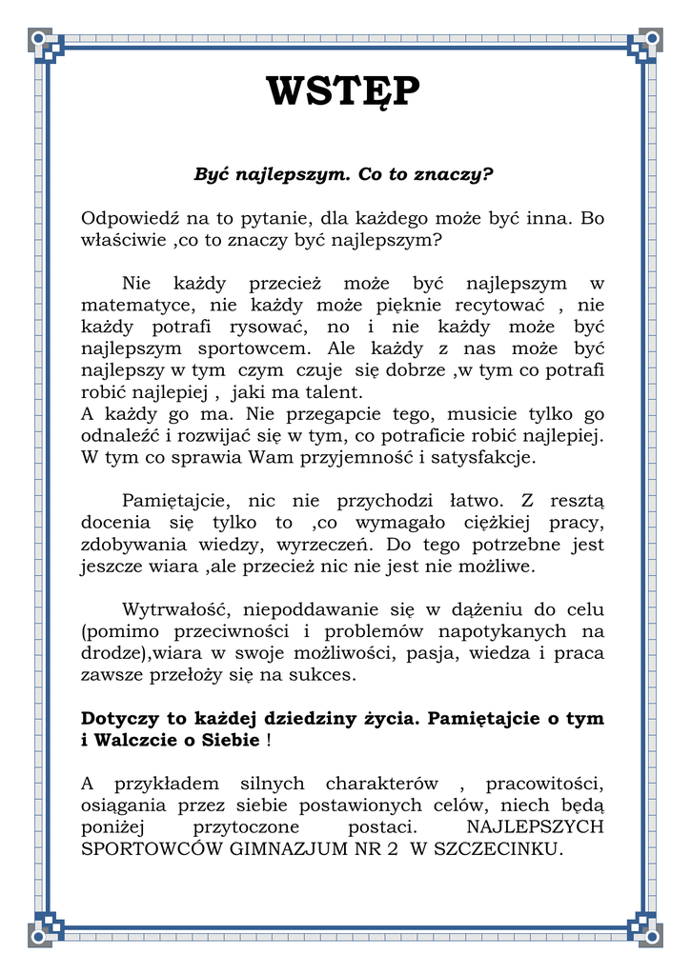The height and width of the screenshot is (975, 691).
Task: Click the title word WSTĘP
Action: (342, 91)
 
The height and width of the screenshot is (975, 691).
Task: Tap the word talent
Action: (335, 392)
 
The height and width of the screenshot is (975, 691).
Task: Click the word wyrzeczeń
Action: (325, 546)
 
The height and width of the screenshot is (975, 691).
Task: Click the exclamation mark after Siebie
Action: (270, 740)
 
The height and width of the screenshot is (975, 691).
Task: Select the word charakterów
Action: (381, 784)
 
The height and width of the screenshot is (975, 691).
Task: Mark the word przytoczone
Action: (246, 827)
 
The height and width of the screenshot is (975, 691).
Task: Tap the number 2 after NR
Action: (392, 849)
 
